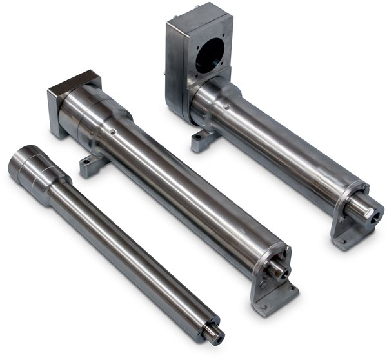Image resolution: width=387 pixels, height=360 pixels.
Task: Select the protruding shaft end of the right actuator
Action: point(363,208)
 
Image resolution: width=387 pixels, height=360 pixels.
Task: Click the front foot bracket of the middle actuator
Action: point(272,294)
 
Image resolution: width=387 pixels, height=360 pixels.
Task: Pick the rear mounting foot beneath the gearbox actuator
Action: point(202,140)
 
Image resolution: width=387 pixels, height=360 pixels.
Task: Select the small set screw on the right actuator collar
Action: point(226,106)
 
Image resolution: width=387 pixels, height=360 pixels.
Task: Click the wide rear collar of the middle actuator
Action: point(97,116)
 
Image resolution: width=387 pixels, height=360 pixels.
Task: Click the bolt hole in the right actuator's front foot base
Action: point(343,242)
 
